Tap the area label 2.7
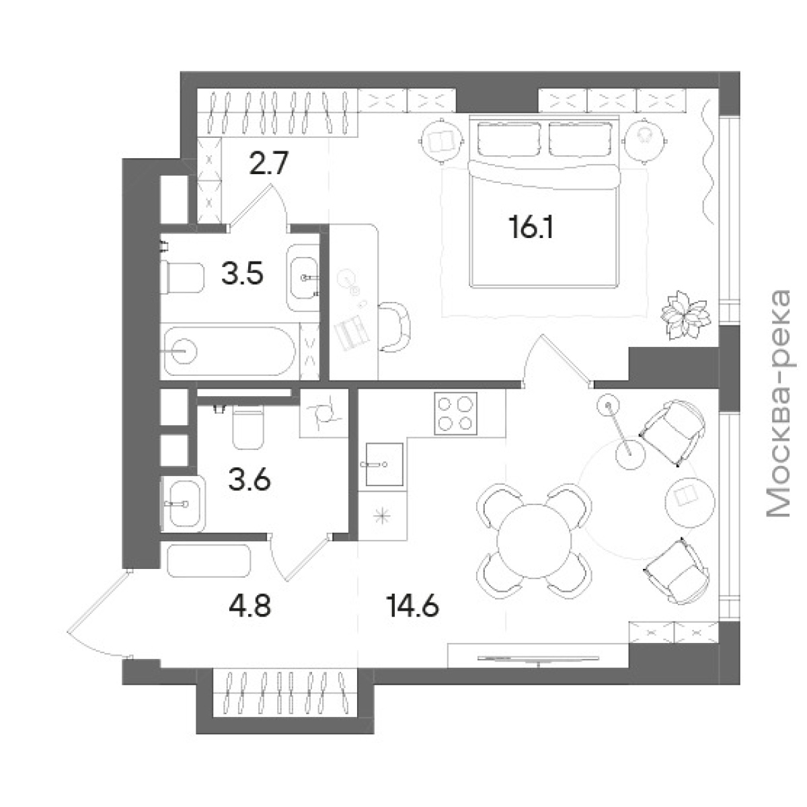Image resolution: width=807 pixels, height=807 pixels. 268,163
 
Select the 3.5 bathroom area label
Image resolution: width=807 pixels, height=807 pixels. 243,274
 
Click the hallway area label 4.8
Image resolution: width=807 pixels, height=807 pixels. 250,607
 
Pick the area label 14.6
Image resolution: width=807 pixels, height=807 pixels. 413,607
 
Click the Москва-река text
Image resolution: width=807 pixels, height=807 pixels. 778,403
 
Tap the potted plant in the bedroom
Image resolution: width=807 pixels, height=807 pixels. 685,315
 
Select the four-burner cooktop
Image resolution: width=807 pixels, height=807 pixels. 456,414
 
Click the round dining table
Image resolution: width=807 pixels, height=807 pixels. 534,540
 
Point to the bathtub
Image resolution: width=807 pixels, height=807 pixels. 230,351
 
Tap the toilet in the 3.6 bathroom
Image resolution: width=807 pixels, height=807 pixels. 248,427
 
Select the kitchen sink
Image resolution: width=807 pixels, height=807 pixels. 384,465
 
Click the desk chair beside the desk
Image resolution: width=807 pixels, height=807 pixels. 394,328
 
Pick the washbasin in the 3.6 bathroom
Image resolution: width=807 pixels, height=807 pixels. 184,504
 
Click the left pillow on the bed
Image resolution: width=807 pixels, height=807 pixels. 509,139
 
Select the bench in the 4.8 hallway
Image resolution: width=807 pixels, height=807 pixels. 208,561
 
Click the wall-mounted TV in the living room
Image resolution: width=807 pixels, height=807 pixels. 539,659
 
